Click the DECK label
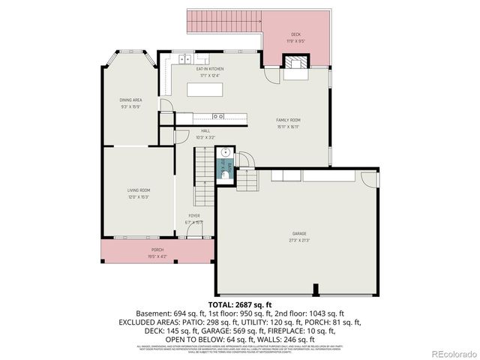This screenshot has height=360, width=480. click(x=295, y=35)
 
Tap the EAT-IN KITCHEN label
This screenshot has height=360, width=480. click(x=210, y=69)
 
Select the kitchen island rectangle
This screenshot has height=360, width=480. click(x=205, y=90)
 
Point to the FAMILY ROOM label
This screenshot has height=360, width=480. click(x=287, y=121)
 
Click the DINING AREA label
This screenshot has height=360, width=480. click(x=130, y=100)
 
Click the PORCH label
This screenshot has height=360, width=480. click(x=157, y=250)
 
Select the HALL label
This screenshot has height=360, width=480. click(x=205, y=130)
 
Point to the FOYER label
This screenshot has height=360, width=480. click(x=193, y=216)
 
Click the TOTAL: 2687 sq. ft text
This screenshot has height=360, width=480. click(x=240, y=304)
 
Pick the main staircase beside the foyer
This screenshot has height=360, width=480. click(x=204, y=176)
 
